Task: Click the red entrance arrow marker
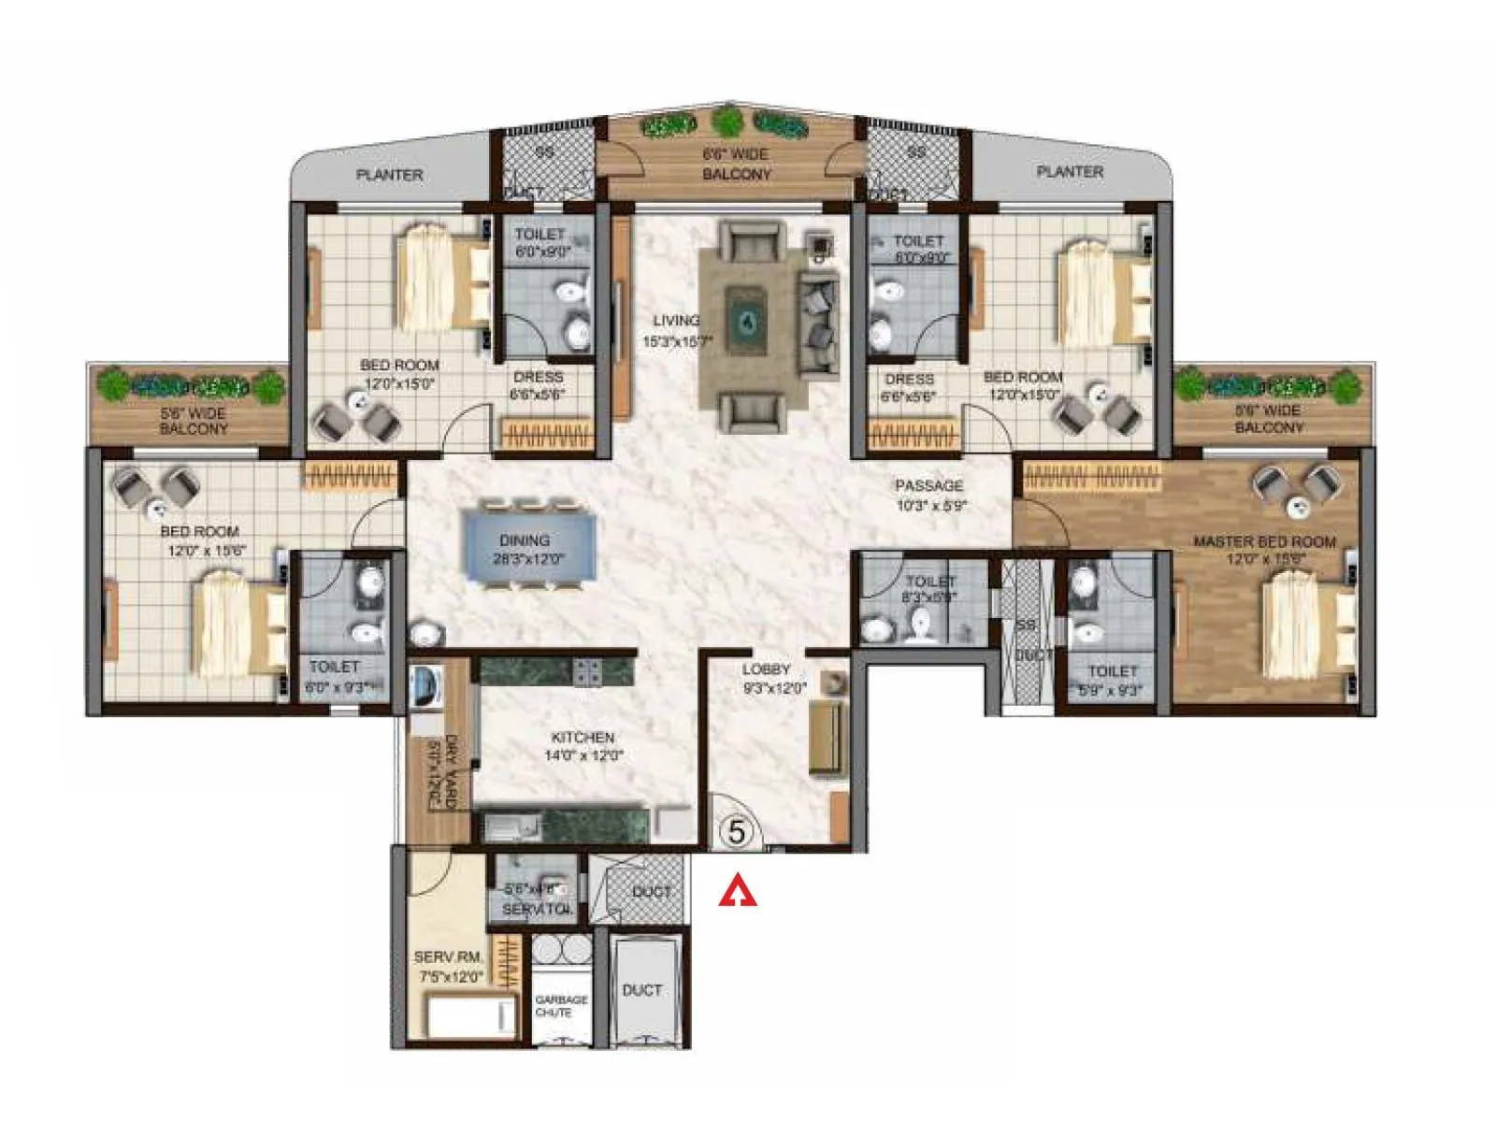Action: (x=738, y=891)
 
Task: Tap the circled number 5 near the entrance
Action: (x=737, y=831)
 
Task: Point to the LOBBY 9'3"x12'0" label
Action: (x=773, y=678)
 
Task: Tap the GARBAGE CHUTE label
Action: (x=561, y=1005)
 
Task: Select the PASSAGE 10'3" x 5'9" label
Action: (x=929, y=495)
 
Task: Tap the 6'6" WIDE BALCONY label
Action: (x=736, y=164)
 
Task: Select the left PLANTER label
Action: (x=389, y=175)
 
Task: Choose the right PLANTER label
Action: (x=1070, y=172)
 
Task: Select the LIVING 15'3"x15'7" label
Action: (x=677, y=331)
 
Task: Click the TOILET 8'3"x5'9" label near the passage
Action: (x=930, y=589)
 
